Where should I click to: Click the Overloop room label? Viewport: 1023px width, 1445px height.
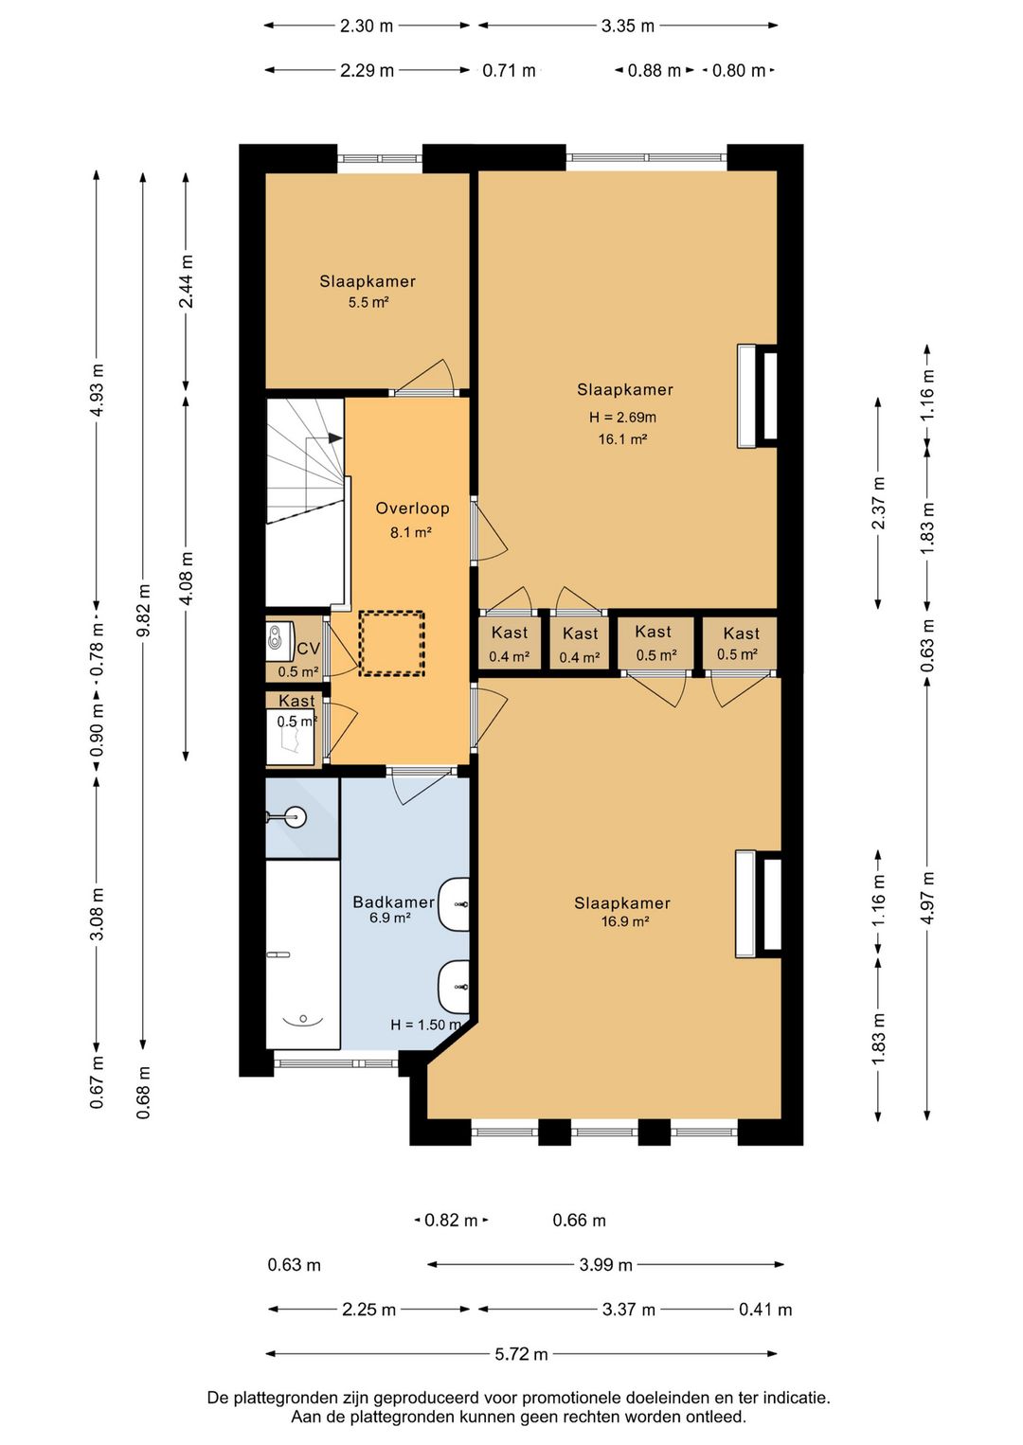click(x=412, y=508)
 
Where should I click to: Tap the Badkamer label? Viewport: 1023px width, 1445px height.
click(x=394, y=901)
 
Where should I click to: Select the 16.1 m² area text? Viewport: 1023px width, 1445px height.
click(x=622, y=439)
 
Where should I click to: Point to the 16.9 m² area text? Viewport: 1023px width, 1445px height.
click(x=625, y=921)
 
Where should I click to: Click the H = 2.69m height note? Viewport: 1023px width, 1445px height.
click(x=622, y=418)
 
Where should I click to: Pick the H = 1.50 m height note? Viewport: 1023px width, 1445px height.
click(x=425, y=1025)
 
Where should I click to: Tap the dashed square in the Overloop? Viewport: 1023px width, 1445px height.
click(x=392, y=643)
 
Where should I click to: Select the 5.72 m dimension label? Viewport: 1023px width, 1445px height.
click(x=522, y=1354)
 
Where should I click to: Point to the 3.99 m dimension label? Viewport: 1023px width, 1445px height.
click(x=605, y=1265)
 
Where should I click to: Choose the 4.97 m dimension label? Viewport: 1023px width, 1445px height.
click(x=928, y=898)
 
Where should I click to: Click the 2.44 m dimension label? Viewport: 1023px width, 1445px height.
click(x=187, y=281)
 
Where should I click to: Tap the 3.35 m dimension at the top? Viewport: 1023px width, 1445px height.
click(x=627, y=26)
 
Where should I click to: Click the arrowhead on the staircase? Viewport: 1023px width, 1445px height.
click(x=335, y=438)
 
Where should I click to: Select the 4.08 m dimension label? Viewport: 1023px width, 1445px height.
click(x=187, y=578)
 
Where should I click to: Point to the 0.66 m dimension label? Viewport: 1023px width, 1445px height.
click(x=579, y=1221)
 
